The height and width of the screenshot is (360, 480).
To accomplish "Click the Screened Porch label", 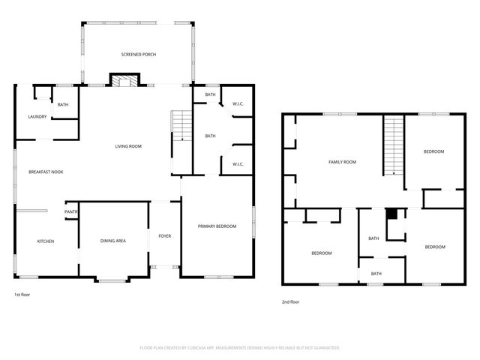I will tap(137, 55).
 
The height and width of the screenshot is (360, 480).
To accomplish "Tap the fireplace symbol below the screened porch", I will tap(122, 81).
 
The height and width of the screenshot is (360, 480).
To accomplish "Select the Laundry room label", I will tap(37, 116).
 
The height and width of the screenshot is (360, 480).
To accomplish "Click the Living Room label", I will tap(128, 146).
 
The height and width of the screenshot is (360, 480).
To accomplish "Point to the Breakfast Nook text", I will tap(45, 172).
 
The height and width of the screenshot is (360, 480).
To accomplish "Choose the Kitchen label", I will tap(46, 241).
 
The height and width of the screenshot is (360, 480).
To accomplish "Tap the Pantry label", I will tap(71, 212).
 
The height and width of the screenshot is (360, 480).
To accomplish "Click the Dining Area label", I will tap(113, 241).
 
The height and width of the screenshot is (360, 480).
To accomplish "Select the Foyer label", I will tap(164, 236).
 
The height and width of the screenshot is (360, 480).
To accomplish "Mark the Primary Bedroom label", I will tap(217, 226).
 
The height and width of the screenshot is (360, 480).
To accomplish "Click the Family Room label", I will tap(342, 162).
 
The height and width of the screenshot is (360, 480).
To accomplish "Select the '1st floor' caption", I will tap(22, 295).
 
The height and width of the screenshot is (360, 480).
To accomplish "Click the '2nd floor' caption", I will tap(290, 301).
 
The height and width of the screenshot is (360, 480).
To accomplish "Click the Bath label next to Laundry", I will tap(63, 104).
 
